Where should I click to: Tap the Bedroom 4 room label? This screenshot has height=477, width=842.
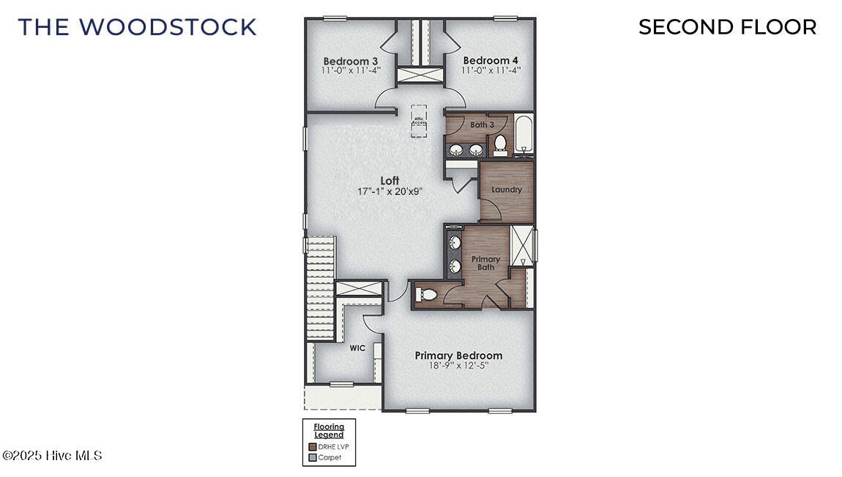point(490,60)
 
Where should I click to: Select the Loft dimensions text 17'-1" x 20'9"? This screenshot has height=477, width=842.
point(390,191)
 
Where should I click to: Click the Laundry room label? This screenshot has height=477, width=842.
point(507,190)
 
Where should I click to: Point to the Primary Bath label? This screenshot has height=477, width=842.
point(485,263)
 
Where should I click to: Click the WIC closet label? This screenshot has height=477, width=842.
point(357,348)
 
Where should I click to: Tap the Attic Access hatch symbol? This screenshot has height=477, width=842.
point(420,119)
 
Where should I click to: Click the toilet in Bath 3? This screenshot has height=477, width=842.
point(501,144)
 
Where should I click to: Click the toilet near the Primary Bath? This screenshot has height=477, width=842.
point(427,295)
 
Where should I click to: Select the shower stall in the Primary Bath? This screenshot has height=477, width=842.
point(522,245)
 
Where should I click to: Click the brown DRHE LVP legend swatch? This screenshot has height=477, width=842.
point(313,446)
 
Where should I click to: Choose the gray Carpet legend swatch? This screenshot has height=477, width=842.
point(313,457)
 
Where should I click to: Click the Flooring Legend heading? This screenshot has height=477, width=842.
point(329,431)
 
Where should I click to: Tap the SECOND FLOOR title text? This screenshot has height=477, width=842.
point(727,27)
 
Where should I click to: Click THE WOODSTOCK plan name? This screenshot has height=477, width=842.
point(138,27)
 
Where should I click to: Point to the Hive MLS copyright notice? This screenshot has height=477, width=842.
point(52,456)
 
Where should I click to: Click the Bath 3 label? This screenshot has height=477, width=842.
point(482,125)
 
